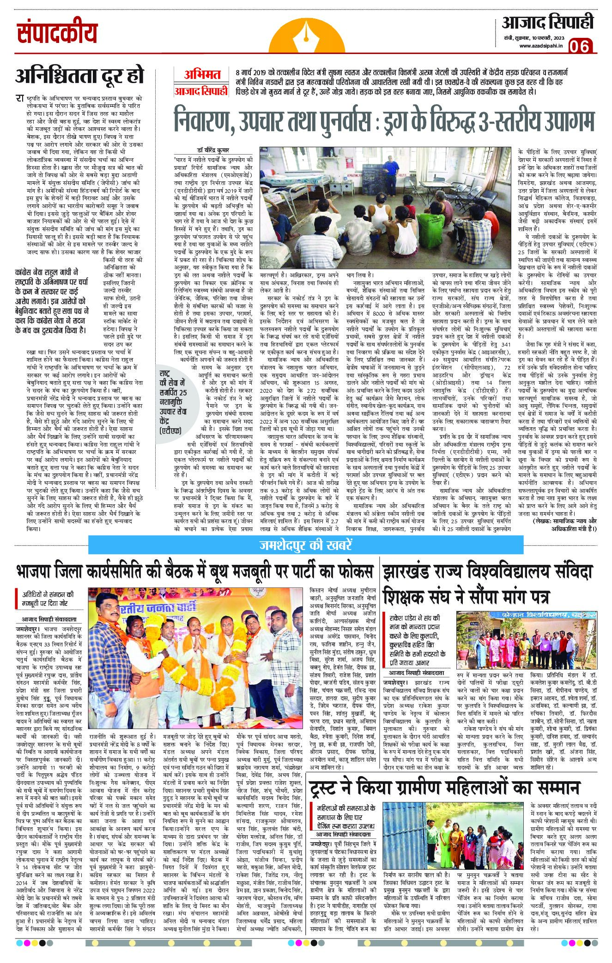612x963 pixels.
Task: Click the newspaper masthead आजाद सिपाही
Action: (547, 22)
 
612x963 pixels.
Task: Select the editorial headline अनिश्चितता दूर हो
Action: (79, 76)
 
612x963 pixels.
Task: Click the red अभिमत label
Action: (202, 74)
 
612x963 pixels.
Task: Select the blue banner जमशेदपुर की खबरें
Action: (306, 545)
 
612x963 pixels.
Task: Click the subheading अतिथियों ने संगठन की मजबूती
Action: (45, 598)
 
